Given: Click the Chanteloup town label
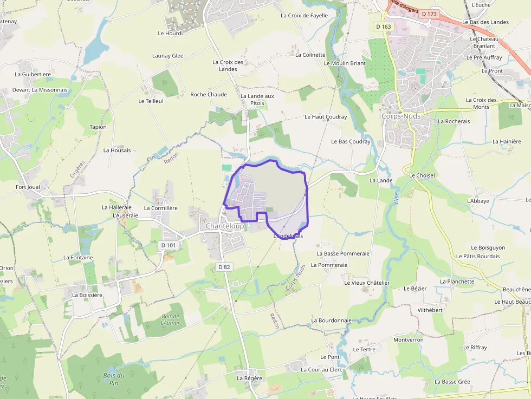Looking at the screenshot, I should (x=224, y=226).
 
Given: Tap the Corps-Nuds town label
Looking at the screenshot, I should (x=401, y=116).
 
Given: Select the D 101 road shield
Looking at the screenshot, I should (x=169, y=245).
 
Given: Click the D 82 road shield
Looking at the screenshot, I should (x=224, y=267).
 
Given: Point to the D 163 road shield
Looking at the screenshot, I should (x=383, y=26).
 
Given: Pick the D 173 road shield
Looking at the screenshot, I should (x=429, y=14).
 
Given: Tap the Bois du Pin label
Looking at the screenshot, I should (x=114, y=379).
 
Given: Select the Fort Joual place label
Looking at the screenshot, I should (x=28, y=187).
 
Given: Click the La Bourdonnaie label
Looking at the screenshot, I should (x=331, y=320).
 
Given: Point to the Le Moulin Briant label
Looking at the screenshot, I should (x=345, y=63).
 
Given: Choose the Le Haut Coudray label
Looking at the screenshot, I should (x=325, y=117).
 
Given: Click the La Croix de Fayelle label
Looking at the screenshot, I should (x=304, y=16).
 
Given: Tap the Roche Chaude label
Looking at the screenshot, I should (x=209, y=94).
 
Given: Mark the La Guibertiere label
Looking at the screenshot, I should (x=33, y=74).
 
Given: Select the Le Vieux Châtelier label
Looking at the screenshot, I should (x=367, y=283).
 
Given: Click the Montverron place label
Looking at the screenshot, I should (x=408, y=340).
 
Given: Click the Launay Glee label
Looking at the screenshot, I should (x=168, y=56).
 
